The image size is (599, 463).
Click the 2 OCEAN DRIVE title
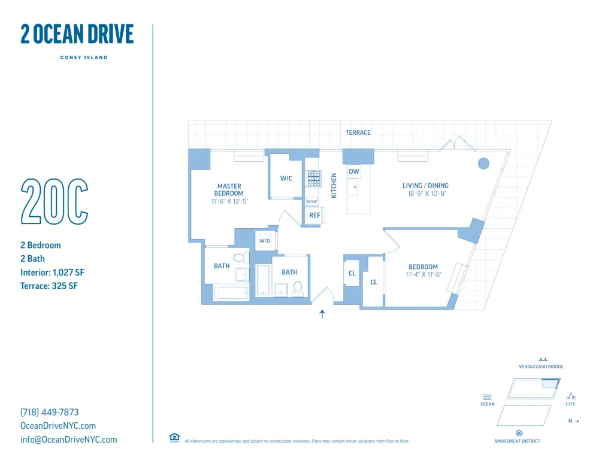77,34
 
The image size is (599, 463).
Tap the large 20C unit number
55,202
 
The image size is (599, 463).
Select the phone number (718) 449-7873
50,412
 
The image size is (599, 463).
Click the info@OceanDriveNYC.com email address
69,440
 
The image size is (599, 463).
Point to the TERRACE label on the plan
358,132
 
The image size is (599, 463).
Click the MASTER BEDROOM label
229,190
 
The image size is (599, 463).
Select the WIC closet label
286,178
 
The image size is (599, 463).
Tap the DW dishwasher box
354,172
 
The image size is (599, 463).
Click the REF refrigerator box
314,215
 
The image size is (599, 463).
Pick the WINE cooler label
312,202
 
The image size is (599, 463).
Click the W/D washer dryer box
265,241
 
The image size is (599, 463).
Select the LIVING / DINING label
425,186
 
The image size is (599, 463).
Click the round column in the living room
483,163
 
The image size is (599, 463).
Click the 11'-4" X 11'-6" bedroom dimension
423,275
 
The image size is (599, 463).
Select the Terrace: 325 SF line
49,286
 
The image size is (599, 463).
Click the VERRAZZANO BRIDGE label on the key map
541,367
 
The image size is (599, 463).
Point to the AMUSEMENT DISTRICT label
517,441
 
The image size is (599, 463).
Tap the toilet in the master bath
240,259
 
